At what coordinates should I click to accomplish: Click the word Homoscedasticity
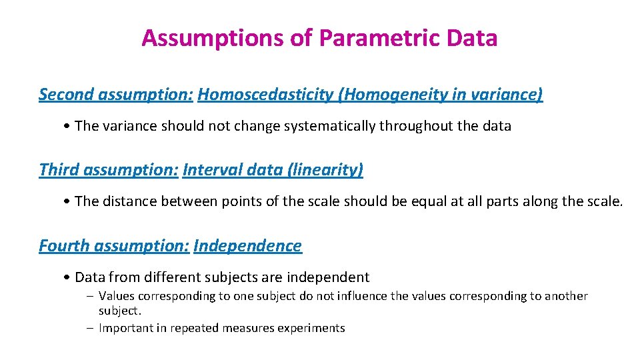pos(266,95)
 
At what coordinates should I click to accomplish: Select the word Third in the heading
pos(59,170)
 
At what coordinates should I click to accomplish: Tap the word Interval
pos(212,170)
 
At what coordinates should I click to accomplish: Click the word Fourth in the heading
pos(65,245)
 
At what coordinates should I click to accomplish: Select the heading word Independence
pos(247,245)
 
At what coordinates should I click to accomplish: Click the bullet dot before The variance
pos(69,127)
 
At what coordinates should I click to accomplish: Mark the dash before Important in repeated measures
pos(90,328)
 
